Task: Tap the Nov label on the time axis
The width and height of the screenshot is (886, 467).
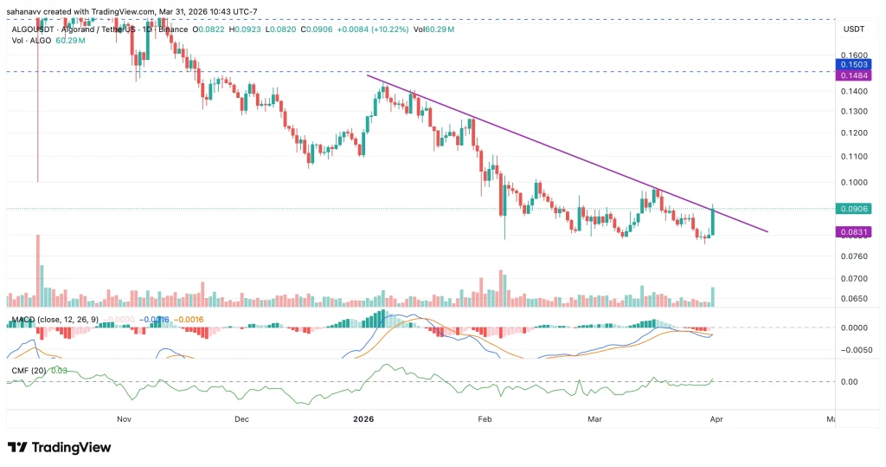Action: click(x=124, y=418)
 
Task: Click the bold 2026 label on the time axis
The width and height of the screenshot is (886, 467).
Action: click(x=363, y=418)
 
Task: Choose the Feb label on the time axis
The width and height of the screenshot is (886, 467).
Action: click(x=485, y=418)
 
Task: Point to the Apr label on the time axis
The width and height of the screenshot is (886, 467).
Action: click(x=716, y=418)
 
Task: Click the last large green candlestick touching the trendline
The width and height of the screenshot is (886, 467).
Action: click(x=712, y=221)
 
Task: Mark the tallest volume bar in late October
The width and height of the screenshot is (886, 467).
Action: click(x=38, y=269)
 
